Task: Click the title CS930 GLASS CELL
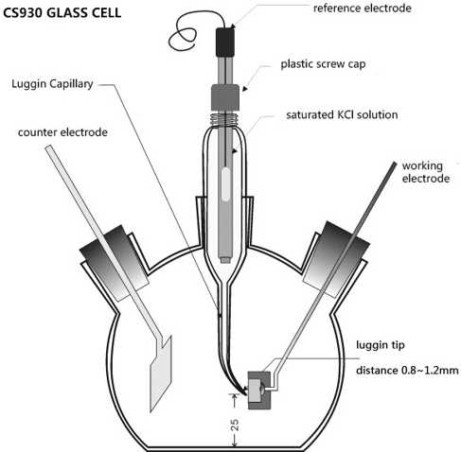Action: click(x=62, y=13)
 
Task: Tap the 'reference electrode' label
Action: click(x=363, y=9)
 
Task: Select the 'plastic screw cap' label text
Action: click(x=323, y=64)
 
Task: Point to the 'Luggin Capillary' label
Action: click(x=52, y=84)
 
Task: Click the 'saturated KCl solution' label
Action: click(x=342, y=114)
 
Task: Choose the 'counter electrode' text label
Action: click(x=62, y=132)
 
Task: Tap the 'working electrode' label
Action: click(x=426, y=172)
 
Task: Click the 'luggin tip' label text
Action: click(x=381, y=345)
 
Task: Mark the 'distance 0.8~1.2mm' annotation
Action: click(x=407, y=370)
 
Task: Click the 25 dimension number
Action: click(x=235, y=425)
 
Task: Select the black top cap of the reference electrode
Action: click(x=225, y=42)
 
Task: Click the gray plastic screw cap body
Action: click(x=225, y=97)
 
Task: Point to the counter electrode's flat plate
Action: click(x=161, y=374)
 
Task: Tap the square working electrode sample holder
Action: click(x=259, y=391)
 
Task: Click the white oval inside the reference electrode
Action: click(x=225, y=184)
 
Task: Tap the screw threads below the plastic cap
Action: click(x=225, y=119)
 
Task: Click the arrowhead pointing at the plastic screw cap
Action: click(x=245, y=89)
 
